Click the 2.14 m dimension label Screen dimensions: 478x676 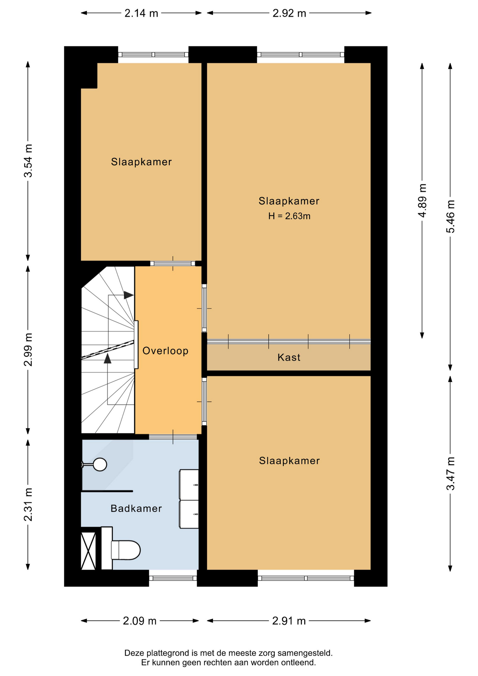pyautogui.click(x=141, y=13)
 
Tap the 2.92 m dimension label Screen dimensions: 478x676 pyautogui.click(x=289, y=13)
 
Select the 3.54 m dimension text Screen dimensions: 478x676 pyautogui.click(x=28, y=161)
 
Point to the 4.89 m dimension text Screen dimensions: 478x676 pyautogui.click(x=422, y=200)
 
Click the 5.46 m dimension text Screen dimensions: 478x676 pyautogui.click(x=451, y=216)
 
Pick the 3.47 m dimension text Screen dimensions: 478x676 pyautogui.click(x=451, y=473)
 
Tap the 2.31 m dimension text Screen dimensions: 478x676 pyautogui.click(x=28, y=505)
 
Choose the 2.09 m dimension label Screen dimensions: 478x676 pyautogui.click(x=139, y=621)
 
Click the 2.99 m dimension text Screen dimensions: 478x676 pyautogui.click(x=28, y=349)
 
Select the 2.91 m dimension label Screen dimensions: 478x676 pyautogui.click(x=289, y=621)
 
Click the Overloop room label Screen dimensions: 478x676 pyautogui.click(x=165, y=351)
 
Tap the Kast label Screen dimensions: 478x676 pyautogui.click(x=289, y=357)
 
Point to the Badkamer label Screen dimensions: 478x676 pyautogui.click(x=136, y=508)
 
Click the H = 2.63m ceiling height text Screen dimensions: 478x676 pyautogui.click(x=289, y=216)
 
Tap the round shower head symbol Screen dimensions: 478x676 pyautogui.click(x=100, y=464)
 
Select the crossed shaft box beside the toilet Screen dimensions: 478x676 pyautogui.click(x=88, y=551)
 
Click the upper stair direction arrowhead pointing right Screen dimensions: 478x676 pyautogui.click(x=129, y=295)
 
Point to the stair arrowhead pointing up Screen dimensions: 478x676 pyautogui.click(x=108, y=358)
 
